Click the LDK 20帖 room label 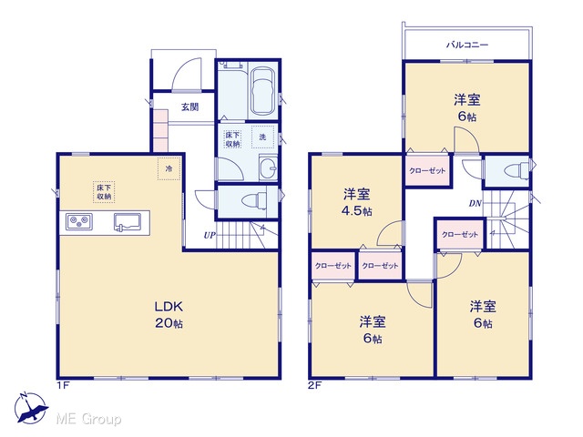click(169, 315)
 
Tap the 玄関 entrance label click(190, 107)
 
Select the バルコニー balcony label click(467, 45)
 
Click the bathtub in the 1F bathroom click(263, 91)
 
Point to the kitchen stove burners click(79, 222)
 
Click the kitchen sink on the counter click(128, 222)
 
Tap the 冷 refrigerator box click(169, 168)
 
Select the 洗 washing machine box click(263, 137)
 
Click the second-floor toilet click(517, 171)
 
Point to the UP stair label click(210, 235)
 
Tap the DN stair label click(476, 203)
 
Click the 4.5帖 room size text click(356, 211)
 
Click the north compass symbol click(30, 408)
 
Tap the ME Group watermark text click(88, 419)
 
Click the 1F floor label click(63, 385)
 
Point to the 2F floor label click(314, 385)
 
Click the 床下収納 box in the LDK click(104, 192)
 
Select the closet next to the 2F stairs click(460, 235)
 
